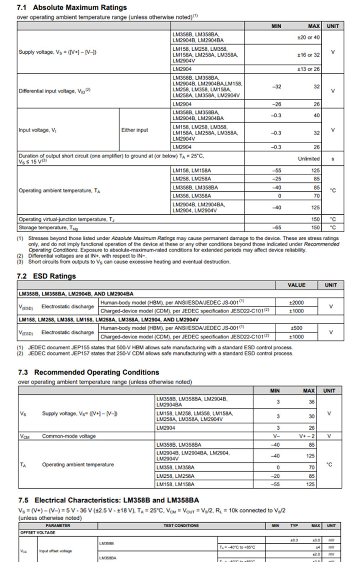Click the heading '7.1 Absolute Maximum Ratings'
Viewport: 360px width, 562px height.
pyautogui.click(x=72, y=7)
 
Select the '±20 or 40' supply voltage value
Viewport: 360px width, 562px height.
pyautogui.click(x=308, y=37)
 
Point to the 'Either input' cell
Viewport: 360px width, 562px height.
pyautogui.click(x=134, y=130)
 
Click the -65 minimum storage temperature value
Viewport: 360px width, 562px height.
pyautogui.click(x=276, y=227)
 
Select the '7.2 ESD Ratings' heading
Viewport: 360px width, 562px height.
pyautogui.click(x=46, y=276)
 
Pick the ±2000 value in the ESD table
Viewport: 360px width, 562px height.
pyautogui.click(x=296, y=302)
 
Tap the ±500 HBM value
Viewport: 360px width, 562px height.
pyautogui.click(x=296, y=328)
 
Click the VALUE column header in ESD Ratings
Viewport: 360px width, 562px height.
pyautogui.click(x=296, y=285)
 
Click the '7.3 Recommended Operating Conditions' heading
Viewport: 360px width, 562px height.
pyautogui.click(x=88, y=372)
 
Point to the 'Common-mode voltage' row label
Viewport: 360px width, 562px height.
pyautogui.click(x=69, y=436)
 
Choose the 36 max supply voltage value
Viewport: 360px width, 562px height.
pyautogui.click(x=311, y=402)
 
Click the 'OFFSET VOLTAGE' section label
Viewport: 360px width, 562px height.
pyautogui.click(x=37, y=532)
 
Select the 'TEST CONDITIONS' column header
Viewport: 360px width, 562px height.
pyautogui.click(x=181, y=526)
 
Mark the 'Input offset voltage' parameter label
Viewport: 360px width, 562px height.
pyautogui.click(x=55, y=551)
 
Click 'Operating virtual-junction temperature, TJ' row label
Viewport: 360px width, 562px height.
pyautogui.click(x=67, y=219)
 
